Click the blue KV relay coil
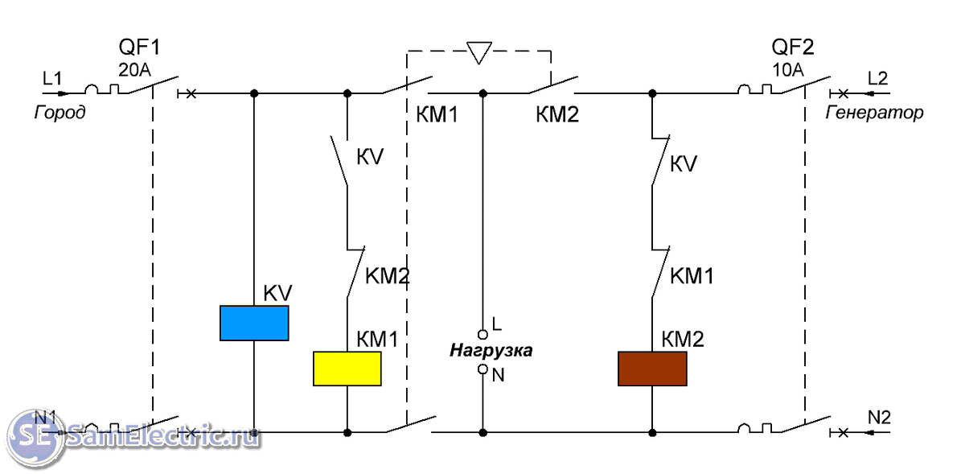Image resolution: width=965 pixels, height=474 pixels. pos(254,323)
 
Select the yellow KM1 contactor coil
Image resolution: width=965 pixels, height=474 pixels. pos(347,369)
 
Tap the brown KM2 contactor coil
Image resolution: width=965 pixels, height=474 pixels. pos(652,369)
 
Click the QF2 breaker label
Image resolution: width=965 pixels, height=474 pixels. pos(793,47)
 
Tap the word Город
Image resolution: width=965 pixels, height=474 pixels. pos(60,113)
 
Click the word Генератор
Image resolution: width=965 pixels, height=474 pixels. pos(875,113)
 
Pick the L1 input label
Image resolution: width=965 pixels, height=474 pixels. pos(52,78)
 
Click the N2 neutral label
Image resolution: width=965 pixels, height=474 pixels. pos(878,417)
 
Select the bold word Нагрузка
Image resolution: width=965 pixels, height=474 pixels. pos(491,351)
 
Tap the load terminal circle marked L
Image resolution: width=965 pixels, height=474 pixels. pos(482,333)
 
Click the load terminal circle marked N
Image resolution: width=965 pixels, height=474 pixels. pos(482,369)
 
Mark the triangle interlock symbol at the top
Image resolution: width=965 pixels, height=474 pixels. pos(479,53)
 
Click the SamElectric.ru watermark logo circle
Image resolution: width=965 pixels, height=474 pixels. pos(31,435)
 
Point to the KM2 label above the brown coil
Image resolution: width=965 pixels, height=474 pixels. pos(683,340)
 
